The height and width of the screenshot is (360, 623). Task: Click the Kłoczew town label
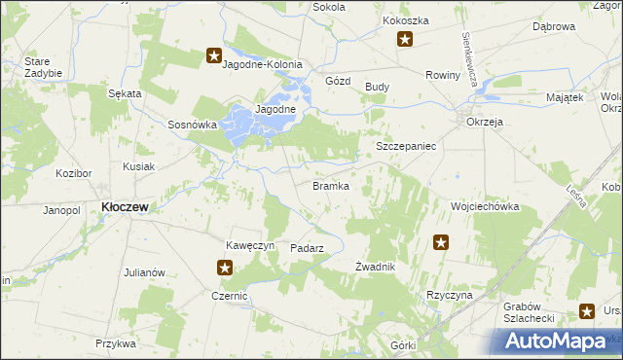pyautogui.click(x=125, y=207)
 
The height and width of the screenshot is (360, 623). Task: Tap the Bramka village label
pyautogui.click(x=330, y=186)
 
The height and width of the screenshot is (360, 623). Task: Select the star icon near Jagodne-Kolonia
pyautogui.click(x=214, y=57)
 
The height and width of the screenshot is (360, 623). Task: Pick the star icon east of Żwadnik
pyautogui.click(x=441, y=243)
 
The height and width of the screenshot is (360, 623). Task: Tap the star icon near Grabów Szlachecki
pyautogui.click(x=587, y=311)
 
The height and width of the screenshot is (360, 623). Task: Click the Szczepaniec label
pyautogui.click(x=405, y=145)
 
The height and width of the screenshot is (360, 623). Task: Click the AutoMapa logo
pyautogui.click(x=563, y=340)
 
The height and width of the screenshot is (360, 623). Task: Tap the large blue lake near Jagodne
pyautogui.click(x=243, y=126)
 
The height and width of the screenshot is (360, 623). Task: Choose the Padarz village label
pyautogui.click(x=307, y=248)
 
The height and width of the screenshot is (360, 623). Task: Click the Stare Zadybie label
pyautogui.click(x=43, y=67)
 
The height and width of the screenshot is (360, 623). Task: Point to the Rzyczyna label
pyautogui.click(x=449, y=295)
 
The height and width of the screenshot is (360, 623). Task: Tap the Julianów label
pyautogui.click(x=144, y=272)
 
